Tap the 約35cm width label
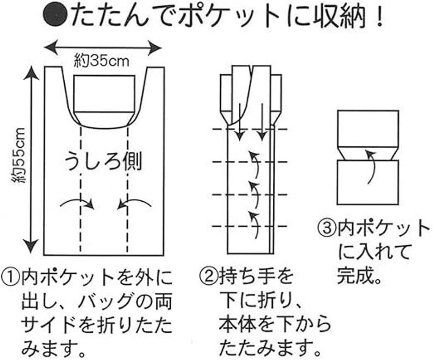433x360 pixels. (x=102, y=61)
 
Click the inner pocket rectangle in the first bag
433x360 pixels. (x=104, y=93)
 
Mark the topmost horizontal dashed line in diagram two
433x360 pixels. (x=249, y=129)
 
